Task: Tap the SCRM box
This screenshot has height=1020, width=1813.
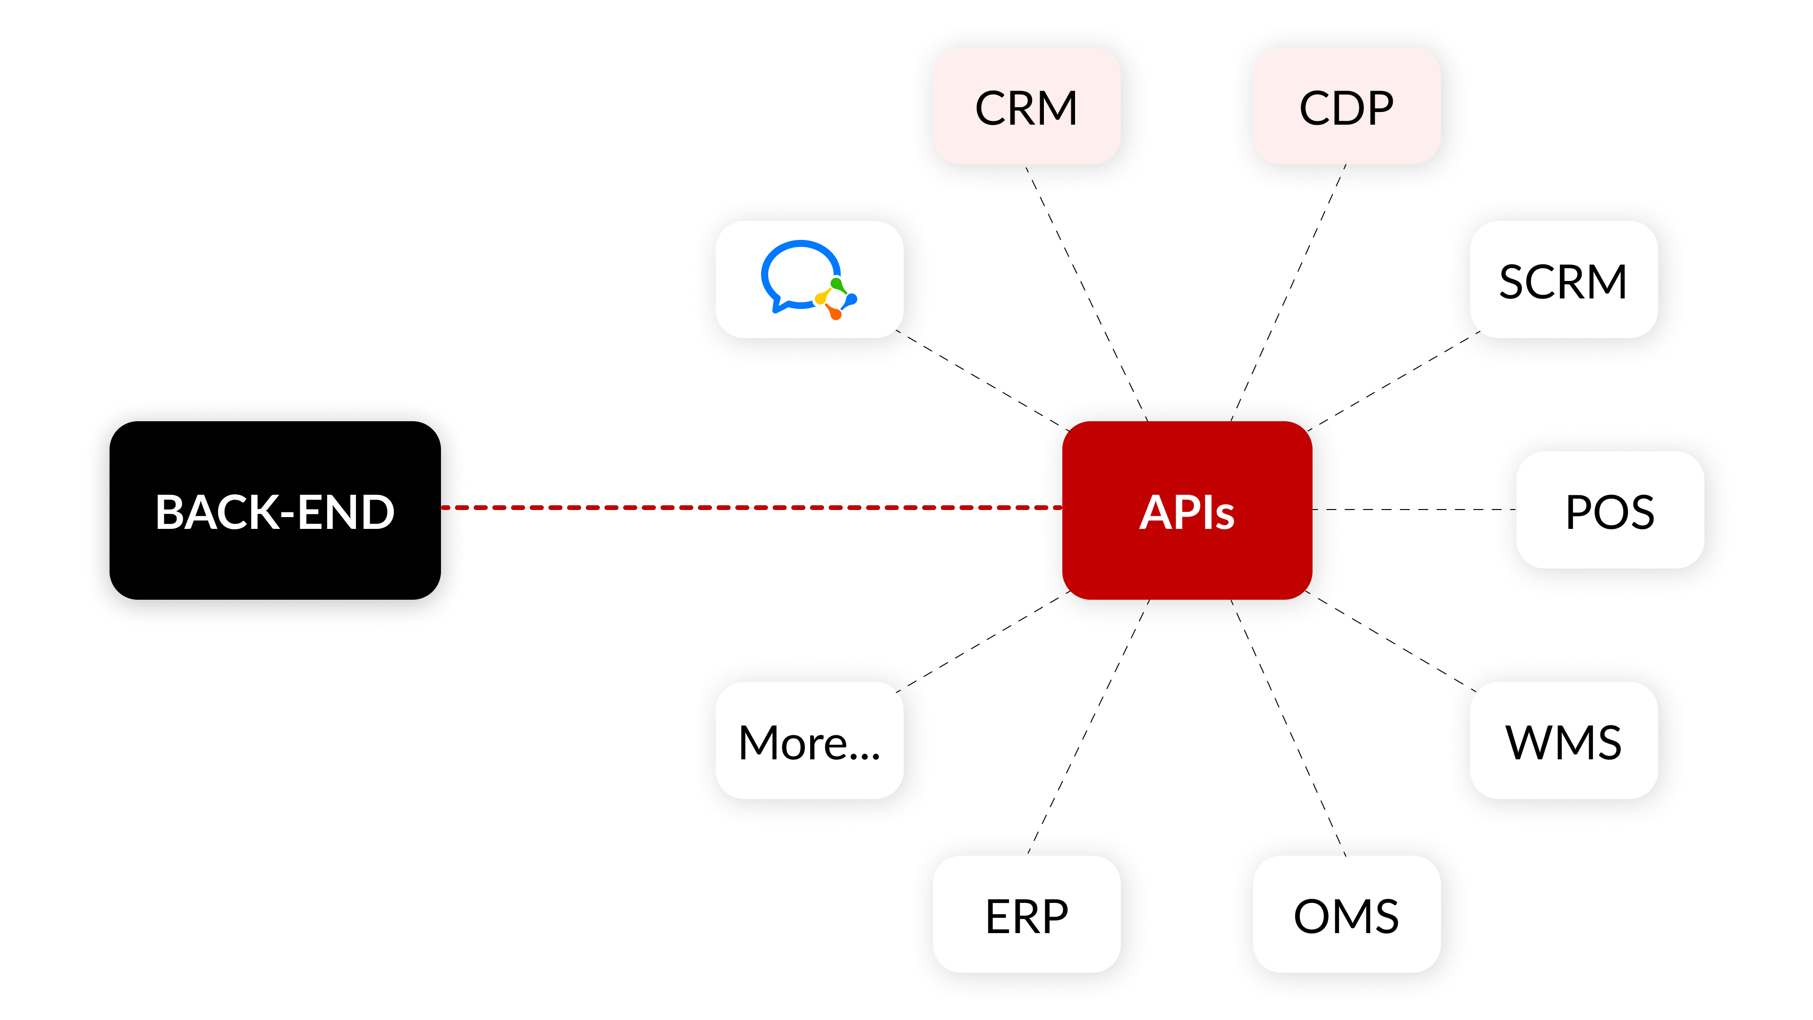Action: [x=1563, y=280]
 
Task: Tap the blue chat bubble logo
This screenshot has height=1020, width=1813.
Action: [x=795, y=271]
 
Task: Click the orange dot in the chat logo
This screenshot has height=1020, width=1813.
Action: [x=835, y=313]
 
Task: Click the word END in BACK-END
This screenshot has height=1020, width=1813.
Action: [x=346, y=512]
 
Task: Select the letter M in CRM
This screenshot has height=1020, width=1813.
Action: [x=1054, y=109]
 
